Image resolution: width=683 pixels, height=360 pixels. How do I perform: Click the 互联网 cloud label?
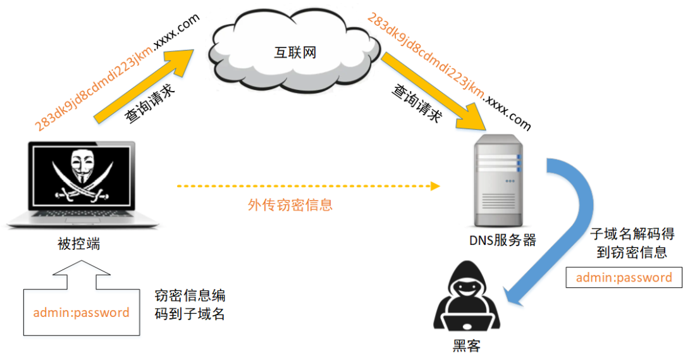coord(295,53)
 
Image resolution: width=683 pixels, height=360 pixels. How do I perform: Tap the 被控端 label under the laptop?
coord(79,244)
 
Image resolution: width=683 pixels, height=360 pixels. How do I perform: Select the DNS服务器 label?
coord(502,240)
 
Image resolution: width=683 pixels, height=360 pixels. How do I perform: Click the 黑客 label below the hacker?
coord(467,346)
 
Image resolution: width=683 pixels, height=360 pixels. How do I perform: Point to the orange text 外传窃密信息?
coord(290,204)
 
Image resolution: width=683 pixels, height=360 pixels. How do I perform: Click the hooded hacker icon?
coord(467,296)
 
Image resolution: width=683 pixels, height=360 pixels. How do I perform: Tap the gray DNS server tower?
coord(498,180)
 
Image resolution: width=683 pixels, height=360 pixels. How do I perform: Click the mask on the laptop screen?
coord(82,166)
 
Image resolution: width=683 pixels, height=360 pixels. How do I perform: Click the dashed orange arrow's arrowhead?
coord(435,186)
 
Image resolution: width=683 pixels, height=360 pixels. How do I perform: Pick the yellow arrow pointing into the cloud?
coord(144,85)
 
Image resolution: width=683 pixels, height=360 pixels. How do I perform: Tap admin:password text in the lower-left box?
coord(82,313)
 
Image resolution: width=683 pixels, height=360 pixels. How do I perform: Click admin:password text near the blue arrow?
coord(624,278)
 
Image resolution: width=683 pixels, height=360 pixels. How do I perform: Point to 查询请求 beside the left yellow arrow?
coord(150,103)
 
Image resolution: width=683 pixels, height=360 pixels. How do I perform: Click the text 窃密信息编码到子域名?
coord(190,304)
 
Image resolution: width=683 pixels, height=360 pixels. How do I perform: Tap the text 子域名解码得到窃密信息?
coord(632,243)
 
